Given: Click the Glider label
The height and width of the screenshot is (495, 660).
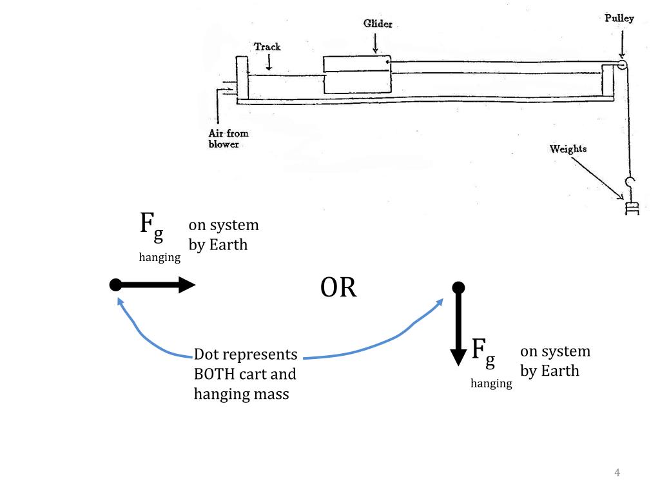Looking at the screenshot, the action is click(378, 24).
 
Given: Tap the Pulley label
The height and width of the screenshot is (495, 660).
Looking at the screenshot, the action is click(619, 18).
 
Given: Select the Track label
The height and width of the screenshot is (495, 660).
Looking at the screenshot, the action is click(267, 46).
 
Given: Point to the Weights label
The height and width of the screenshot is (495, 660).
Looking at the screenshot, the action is click(568, 149).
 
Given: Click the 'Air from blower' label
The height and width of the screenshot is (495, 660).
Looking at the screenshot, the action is click(229, 139).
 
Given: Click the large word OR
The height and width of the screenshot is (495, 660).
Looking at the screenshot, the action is click(338, 287).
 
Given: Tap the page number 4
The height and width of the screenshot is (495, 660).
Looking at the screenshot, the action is click(617, 472).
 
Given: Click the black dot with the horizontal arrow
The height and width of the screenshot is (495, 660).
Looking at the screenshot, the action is click(115, 285).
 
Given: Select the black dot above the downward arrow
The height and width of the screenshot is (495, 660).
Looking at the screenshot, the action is click(458, 288).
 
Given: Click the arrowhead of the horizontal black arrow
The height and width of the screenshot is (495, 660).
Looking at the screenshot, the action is click(187, 285).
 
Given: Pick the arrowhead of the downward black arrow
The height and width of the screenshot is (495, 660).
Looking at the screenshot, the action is click(458, 358).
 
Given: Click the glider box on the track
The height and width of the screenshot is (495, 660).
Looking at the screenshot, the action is click(357, 75).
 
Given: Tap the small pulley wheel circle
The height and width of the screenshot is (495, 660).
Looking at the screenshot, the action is click(622, 65).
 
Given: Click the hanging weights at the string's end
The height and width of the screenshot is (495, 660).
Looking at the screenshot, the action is click(632, 209).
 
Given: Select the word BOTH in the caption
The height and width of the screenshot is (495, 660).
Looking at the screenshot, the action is click(214, 374).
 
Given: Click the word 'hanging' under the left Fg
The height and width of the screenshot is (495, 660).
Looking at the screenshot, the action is click(160, 257).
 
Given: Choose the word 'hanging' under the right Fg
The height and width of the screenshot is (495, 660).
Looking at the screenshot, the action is click(491, 383).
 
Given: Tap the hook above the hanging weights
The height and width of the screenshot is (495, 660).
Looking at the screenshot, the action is click(630, 184).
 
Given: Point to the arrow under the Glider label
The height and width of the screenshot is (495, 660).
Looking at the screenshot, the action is click(375, 43).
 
